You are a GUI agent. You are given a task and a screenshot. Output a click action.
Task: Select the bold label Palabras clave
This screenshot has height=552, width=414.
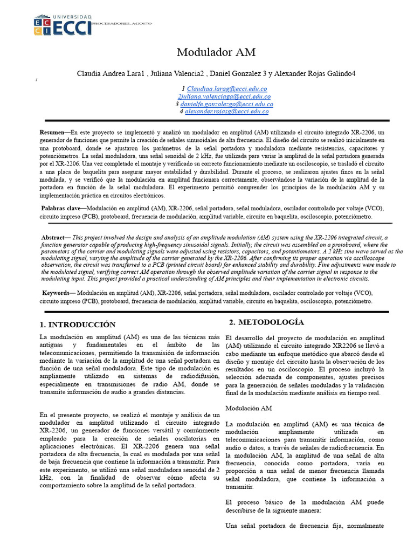tap(63, 208)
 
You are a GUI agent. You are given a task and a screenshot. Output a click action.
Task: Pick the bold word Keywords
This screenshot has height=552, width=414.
tap(58, 293)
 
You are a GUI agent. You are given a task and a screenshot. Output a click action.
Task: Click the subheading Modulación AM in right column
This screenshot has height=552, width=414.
tap(249, 408)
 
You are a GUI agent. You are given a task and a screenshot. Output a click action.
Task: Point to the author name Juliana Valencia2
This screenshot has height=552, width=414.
tap(177, 73)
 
